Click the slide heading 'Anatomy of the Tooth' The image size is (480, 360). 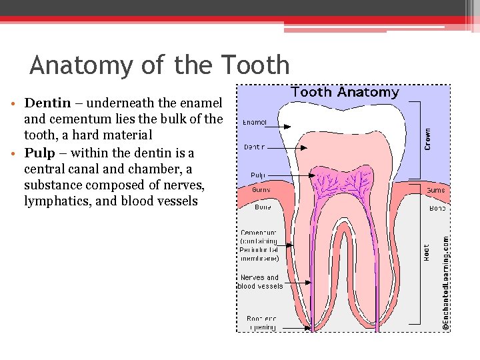click(x=159, y=65)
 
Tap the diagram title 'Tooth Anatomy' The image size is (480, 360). click(x=345, y=93)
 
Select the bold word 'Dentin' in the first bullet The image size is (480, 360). click(x=47, y=103)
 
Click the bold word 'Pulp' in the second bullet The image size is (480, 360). click(x=39, y=153)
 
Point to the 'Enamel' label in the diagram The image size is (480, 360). click(x=254, y=123)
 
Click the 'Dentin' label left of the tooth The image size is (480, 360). click(x=254, y=147)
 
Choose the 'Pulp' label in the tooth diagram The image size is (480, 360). click(x=258, y=175)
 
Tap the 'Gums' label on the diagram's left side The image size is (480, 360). click(x=261, y=190)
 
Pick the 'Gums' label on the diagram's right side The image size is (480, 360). click(x=435, y=190)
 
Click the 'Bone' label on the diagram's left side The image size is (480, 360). click(x=262, y=207)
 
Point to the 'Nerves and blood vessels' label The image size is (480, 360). click(x=260, y=281)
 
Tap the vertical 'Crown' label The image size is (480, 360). click(x=427, y=139)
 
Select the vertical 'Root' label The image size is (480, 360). click(x=427, y=252)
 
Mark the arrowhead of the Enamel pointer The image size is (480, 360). click(x=290, y=126)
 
